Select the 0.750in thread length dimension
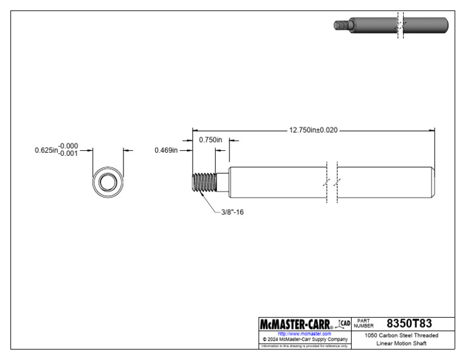[x=211, y=140]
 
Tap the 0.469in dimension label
[x=166, y=150]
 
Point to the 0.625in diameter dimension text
[x=46, y=150]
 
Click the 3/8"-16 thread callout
[x=232, y=213]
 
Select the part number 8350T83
[x=409, y=323]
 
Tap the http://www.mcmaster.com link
[x=305, y=333]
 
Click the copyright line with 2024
[x=305, y=339]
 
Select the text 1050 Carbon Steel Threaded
[x=401, y=335]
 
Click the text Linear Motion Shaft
[x=401, y=344]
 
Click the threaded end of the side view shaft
[x=204, y=182]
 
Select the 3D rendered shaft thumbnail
[x=391, y=25]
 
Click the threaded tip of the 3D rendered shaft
[x=340, y=25]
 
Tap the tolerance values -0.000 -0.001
[x=68, y=150]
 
